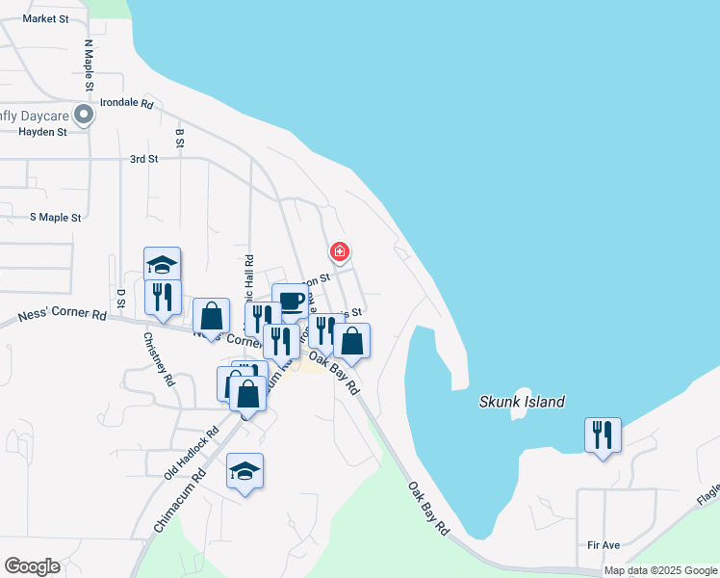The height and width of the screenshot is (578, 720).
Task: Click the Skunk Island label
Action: tap(522, 402)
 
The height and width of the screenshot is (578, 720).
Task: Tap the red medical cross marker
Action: tap(339, 252)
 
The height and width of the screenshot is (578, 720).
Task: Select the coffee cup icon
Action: tap(290, 301)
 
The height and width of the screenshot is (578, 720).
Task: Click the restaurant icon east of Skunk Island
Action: tap(603, 434)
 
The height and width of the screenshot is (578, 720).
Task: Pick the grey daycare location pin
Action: tap(84, 116)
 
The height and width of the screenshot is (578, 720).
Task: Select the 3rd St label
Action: tap(143, 159)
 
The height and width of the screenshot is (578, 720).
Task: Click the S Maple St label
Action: tap(55, 218)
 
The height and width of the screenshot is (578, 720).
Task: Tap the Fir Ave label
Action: tap(604, 545)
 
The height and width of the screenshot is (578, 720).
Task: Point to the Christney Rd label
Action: tap(159, 359)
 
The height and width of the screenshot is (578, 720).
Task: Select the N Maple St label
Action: tap(88, 65)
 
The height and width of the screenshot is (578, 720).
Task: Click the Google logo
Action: tap(32, 566)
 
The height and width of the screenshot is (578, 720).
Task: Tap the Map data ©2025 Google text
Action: tap(660, 570)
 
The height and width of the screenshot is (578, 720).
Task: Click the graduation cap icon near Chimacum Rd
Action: tap(244, 470)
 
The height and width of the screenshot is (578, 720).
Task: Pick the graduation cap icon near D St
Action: tap(163, 263)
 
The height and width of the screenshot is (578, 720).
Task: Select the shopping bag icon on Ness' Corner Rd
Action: tap(211, 315)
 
